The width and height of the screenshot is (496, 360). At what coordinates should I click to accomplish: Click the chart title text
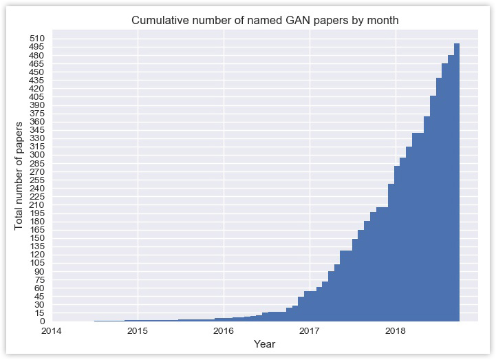pos(265,21)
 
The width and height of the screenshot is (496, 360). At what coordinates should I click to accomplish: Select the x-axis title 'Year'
pos(265,344)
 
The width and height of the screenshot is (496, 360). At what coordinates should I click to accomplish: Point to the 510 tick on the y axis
pos(38,39)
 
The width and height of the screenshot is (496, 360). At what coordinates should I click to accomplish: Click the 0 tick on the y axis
pos(43,321)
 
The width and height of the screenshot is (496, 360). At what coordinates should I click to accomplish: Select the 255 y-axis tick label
pos(38,180)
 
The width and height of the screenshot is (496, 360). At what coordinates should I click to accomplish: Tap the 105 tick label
pos(38,263)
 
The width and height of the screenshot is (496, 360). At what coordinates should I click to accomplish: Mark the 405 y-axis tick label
pos(38,97)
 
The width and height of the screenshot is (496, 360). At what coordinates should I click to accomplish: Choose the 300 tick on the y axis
pos(38,155)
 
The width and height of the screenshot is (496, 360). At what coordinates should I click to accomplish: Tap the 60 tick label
pos(40,288)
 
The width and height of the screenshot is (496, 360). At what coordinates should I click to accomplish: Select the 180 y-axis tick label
pos(38,222)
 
